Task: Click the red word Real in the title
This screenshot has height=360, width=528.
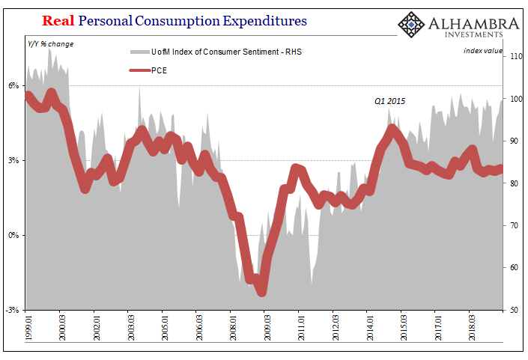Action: pyautogui.click(x=58, y=21)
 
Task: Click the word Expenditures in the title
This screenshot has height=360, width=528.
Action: pyautogui.click(x=264, y=22)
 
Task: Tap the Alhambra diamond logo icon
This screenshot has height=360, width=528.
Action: pyautogui.click(x=411, y=25)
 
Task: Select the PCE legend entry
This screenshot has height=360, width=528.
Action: pyautogui.click(x=148, y=70)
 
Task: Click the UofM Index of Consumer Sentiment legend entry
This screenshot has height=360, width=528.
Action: pyautogui.click(x=216, y=52)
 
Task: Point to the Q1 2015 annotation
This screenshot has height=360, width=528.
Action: pyautogui.click(x=389, y=101)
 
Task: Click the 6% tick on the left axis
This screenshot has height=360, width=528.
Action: pyautogui.click(x=13, y=86)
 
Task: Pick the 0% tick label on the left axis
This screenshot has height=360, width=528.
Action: pyautogui.click(x=13, y=235)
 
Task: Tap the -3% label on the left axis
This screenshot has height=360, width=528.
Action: pyautogui.click(x=12, y=310)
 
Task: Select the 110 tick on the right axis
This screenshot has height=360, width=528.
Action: pyautogui.click(x=516, y=56)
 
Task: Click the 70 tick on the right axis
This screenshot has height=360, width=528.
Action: pyautogui.click(x=514, y=225)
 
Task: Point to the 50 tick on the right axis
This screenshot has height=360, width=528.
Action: pyautogui.click(x=514, y=310)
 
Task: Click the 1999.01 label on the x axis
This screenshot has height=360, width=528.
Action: pyautogui.click(x=29, y=327)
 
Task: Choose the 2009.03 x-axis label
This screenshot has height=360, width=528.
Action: pyautogui.click(x=267, y=327)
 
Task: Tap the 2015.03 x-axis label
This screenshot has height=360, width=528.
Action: pyautogui.click(x=404, y=327)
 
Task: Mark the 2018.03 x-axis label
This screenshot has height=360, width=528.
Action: pyautogui.click(x=472, y=327)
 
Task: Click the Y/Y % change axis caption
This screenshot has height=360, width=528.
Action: pyautogui.click(x=50, y=44)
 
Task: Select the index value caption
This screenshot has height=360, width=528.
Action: pyautogui.click(x=483, y=51)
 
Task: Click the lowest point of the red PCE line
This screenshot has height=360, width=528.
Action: pyautogui.click(x=262, y=292)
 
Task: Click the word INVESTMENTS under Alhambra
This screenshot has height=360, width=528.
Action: pyautogui.click(x=473, y=34)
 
